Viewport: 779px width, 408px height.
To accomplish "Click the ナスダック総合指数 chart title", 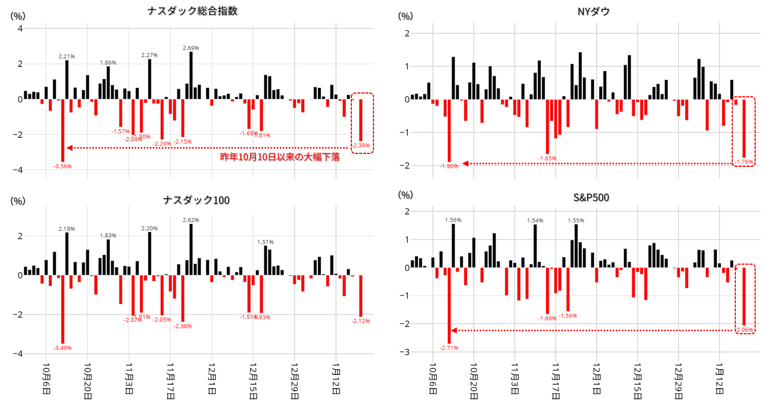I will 192,11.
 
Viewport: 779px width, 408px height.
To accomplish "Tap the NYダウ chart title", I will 594,11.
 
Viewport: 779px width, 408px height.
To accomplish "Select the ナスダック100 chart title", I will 196,200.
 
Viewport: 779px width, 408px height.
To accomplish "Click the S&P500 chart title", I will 591,198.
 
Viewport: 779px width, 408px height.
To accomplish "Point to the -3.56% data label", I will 63,166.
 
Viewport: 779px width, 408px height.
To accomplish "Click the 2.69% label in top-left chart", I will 191,48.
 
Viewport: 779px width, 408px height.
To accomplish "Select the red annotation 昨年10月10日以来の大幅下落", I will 280,157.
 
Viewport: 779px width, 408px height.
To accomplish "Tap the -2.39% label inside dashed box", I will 361,146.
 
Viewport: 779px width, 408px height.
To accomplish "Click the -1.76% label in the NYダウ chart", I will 744,162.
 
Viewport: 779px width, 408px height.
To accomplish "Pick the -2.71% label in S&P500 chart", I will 449,348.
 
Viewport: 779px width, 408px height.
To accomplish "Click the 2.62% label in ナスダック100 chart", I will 191,220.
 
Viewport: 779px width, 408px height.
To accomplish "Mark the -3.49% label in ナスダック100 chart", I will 63,348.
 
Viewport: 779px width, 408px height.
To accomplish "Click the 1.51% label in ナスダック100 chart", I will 265,242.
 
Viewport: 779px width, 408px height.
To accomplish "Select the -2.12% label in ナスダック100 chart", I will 361,321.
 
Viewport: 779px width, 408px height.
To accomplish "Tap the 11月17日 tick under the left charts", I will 170,380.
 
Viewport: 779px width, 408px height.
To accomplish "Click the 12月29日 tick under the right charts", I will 678,380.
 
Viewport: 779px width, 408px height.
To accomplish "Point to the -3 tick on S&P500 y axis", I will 405,352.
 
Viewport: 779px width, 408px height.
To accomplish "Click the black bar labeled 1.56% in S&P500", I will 453,246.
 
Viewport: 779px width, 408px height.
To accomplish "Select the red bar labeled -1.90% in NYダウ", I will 449,131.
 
